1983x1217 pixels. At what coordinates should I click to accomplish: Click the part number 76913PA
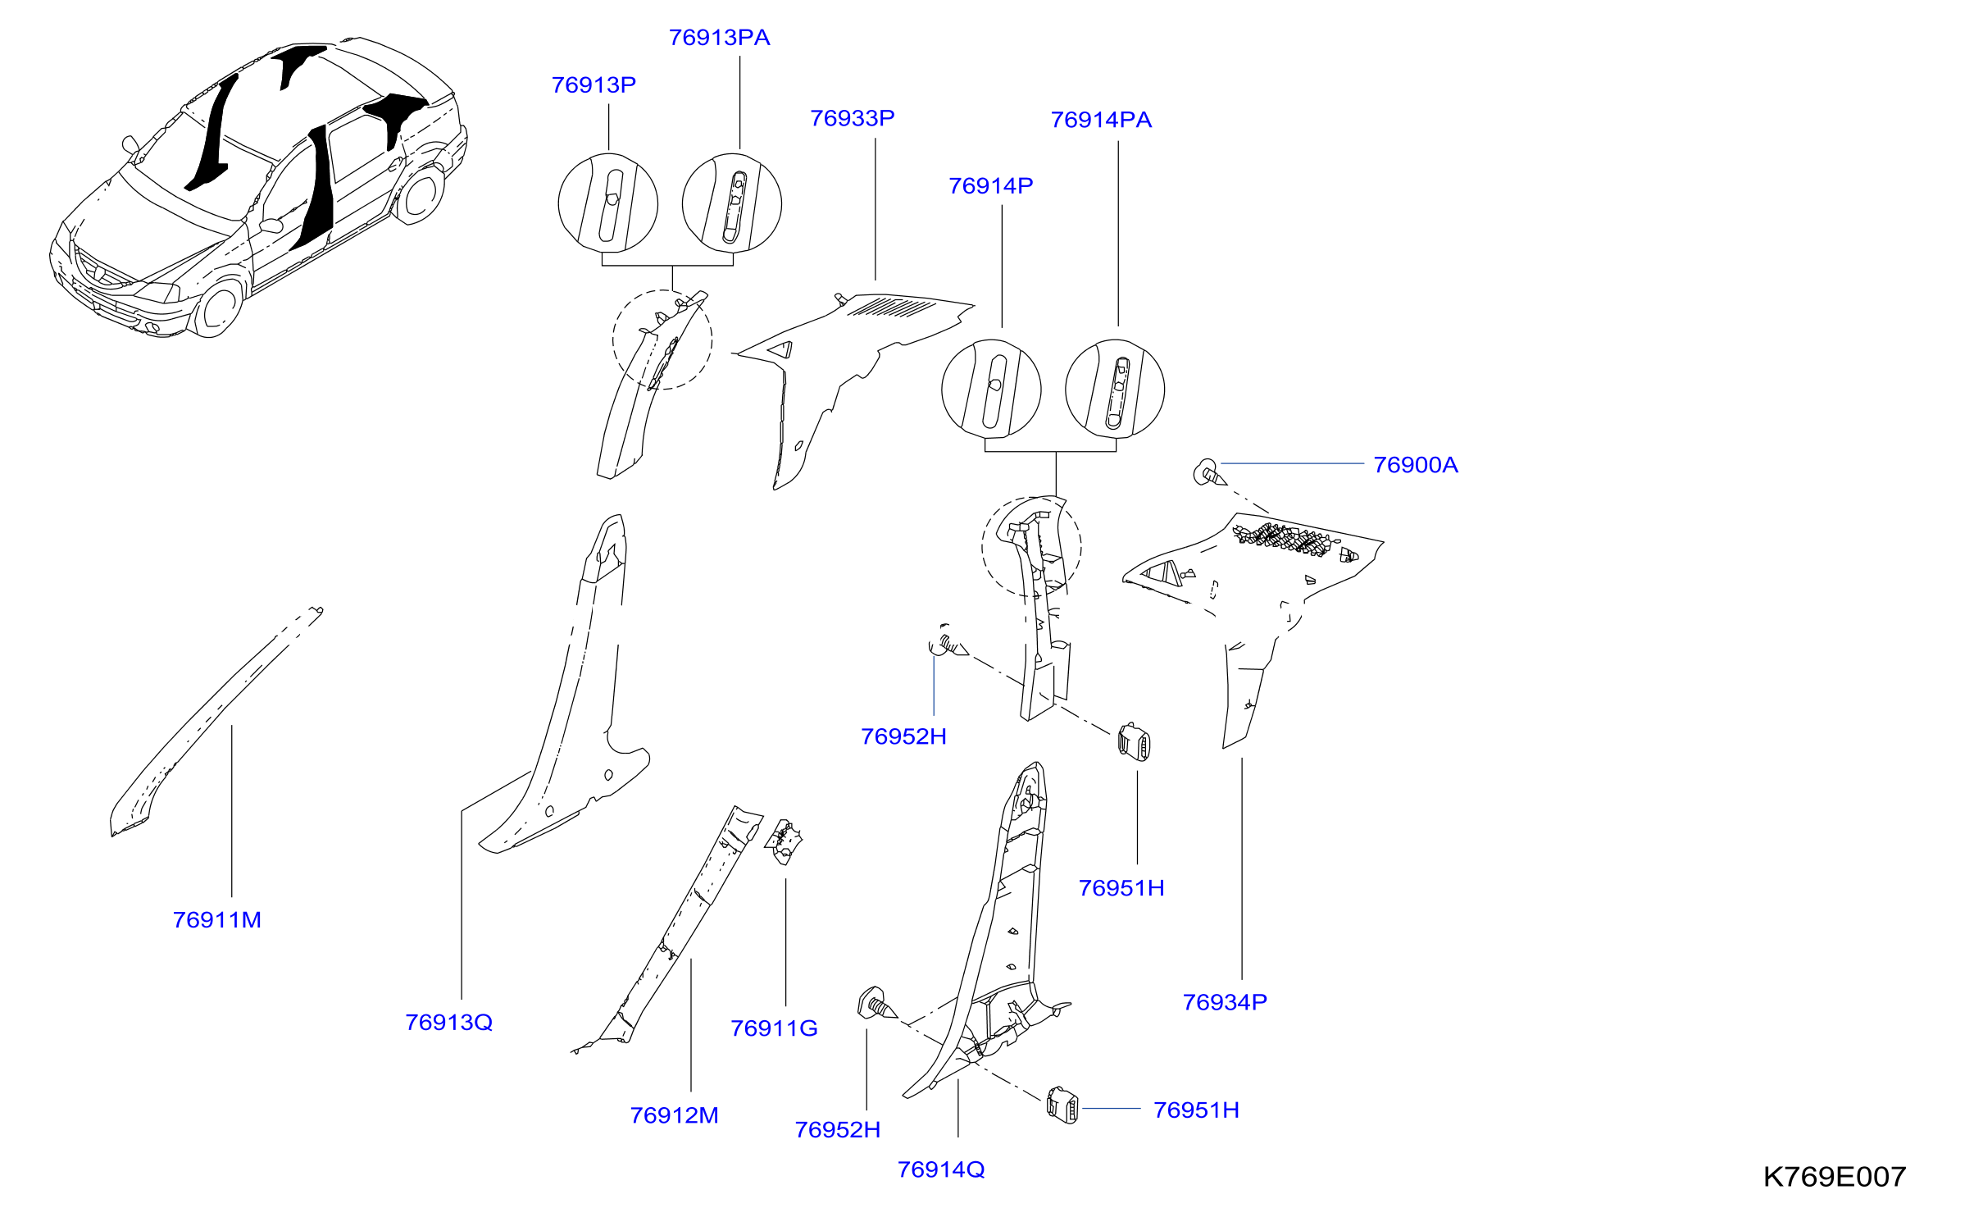click(719, 38)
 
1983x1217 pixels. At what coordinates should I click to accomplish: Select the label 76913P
click(594, 85)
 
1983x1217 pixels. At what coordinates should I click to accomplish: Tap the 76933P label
click(852, 119)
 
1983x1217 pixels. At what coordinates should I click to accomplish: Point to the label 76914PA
click(1101, 121)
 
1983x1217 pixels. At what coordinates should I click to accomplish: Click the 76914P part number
click(990, 186)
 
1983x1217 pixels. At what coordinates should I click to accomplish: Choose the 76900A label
click(1416, 465)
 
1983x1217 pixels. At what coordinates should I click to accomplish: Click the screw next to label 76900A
click(1209, 473)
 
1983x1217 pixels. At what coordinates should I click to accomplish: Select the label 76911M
click(217, 920)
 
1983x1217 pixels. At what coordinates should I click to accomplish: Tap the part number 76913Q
click(449, 1023)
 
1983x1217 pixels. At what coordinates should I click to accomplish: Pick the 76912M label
click(674, 1116)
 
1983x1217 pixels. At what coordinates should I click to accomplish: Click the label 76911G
click(774, 1028)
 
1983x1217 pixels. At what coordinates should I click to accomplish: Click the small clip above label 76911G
click(785, 841)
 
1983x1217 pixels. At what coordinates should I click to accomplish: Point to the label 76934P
click(1225, 1002)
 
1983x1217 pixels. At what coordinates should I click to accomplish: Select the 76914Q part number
click(941, 1170)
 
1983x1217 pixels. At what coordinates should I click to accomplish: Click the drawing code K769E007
click(1835, 1178)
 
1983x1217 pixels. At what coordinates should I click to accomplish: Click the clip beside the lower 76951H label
click(1062, 1105)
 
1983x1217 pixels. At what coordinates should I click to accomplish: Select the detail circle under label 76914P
click(991, 389)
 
